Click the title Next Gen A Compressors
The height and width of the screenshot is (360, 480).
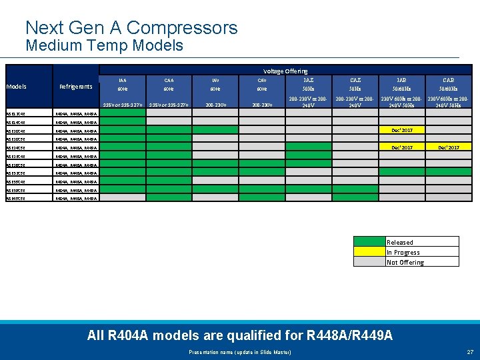(x=131, y=28)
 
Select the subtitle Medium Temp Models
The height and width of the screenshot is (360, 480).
(x=104, y=45)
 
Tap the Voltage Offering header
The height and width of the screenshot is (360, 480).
(x=285, y=71)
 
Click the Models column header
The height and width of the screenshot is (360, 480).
(x=16, y=87)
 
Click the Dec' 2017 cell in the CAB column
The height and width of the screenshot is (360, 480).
(x=448, y=147)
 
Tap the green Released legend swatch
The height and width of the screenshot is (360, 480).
(x=369, y=242)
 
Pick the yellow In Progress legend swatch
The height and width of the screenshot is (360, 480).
(x=369, y=252)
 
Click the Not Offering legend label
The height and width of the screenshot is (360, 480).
(x=405, y=262)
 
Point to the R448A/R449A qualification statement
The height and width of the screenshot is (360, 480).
(x=239, y=335)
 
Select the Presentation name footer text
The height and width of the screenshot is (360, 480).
(x=240, y=351)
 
